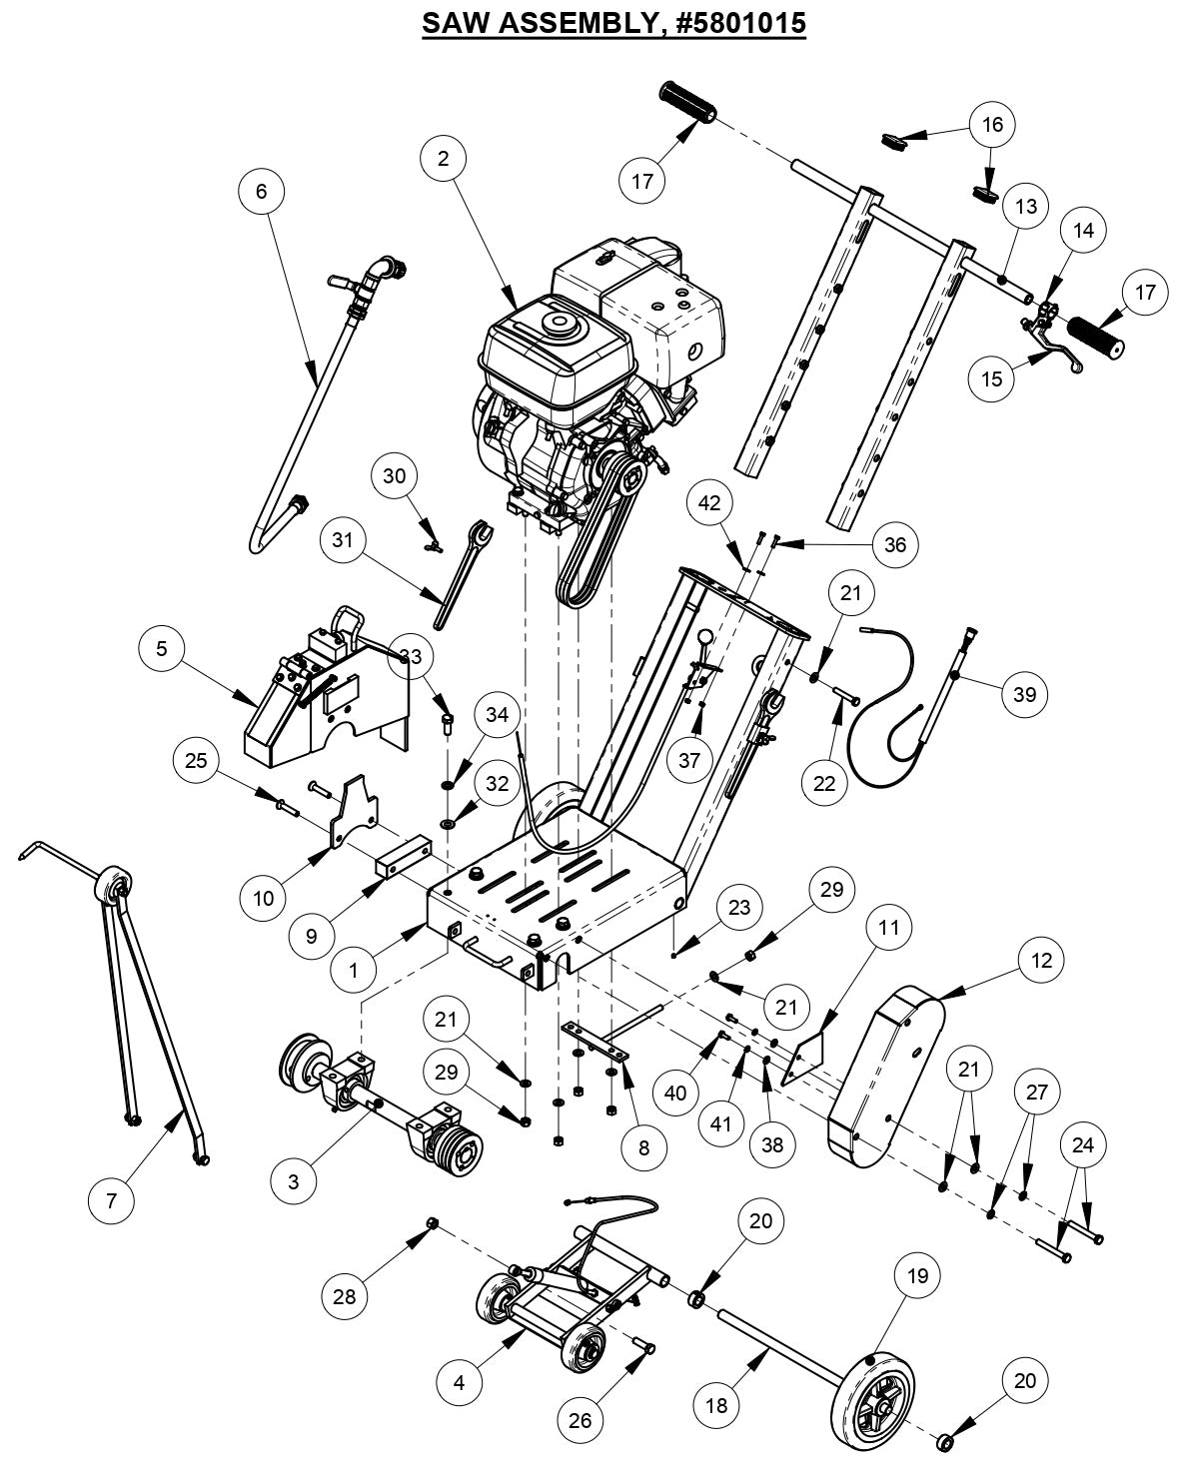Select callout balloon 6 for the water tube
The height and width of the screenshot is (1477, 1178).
pos(262,191)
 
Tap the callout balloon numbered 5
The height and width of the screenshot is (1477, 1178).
pos(162,649)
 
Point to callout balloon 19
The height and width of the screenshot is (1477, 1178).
pos(918,1275)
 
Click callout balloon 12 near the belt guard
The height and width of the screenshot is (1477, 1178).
pos(1042,960)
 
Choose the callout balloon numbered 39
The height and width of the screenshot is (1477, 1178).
pos(1025,694)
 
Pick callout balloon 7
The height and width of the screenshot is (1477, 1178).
pos(112,1199)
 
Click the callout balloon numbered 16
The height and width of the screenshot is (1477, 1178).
pos(992,125)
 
